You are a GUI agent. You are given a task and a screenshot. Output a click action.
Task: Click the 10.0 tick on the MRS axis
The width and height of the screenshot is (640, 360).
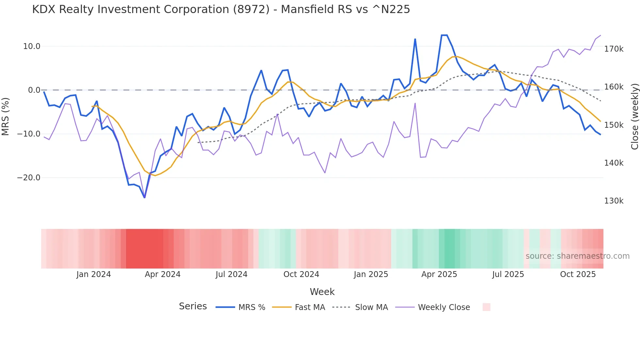(x=31, y=46)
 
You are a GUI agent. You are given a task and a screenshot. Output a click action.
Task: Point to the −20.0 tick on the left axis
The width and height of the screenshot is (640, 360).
(x=29, y=178)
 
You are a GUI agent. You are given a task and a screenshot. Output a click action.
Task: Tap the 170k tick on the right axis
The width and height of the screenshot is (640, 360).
(x=614, y=49)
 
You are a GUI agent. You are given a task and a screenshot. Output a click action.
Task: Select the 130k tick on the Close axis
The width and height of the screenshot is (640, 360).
(x=614, y=201)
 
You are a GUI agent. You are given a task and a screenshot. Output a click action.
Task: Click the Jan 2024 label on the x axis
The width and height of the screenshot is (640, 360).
(x=94, y=274)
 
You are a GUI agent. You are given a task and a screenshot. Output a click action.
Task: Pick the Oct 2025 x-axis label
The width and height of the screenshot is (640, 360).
(x=578, y=274)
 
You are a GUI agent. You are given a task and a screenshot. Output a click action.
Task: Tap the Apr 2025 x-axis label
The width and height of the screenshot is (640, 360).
(x=439, y=274)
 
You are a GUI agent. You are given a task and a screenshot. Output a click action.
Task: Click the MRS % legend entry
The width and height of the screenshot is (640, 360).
(x=251, y=307)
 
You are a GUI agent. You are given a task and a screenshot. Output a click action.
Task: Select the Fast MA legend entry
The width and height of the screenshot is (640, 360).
(x=310, y=307)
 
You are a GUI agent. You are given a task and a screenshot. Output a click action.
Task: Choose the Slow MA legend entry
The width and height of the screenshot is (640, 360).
(x=371, y=307)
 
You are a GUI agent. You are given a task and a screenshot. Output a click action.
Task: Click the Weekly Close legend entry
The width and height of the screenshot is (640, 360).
(x=444, y=307)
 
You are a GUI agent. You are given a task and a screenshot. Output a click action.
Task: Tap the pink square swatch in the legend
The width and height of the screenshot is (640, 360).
(x=486, y=307)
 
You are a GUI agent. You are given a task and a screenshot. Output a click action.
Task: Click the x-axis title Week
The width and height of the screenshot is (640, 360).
(x=322, y=292)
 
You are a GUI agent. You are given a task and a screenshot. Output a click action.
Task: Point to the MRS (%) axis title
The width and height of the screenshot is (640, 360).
(x=6, y=116)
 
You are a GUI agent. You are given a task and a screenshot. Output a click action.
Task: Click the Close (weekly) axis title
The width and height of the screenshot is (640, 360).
(x=634, y=116)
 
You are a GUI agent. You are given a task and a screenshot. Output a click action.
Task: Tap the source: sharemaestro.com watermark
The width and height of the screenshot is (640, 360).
(x=577, y=256)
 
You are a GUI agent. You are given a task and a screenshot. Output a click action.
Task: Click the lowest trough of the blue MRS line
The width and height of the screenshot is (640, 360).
(x=145, y=197)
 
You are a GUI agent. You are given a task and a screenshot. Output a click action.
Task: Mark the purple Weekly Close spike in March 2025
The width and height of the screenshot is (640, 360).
(x=415, y=104)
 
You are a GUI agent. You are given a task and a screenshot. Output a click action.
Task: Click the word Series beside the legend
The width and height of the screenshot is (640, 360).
(x=193, y=306)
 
